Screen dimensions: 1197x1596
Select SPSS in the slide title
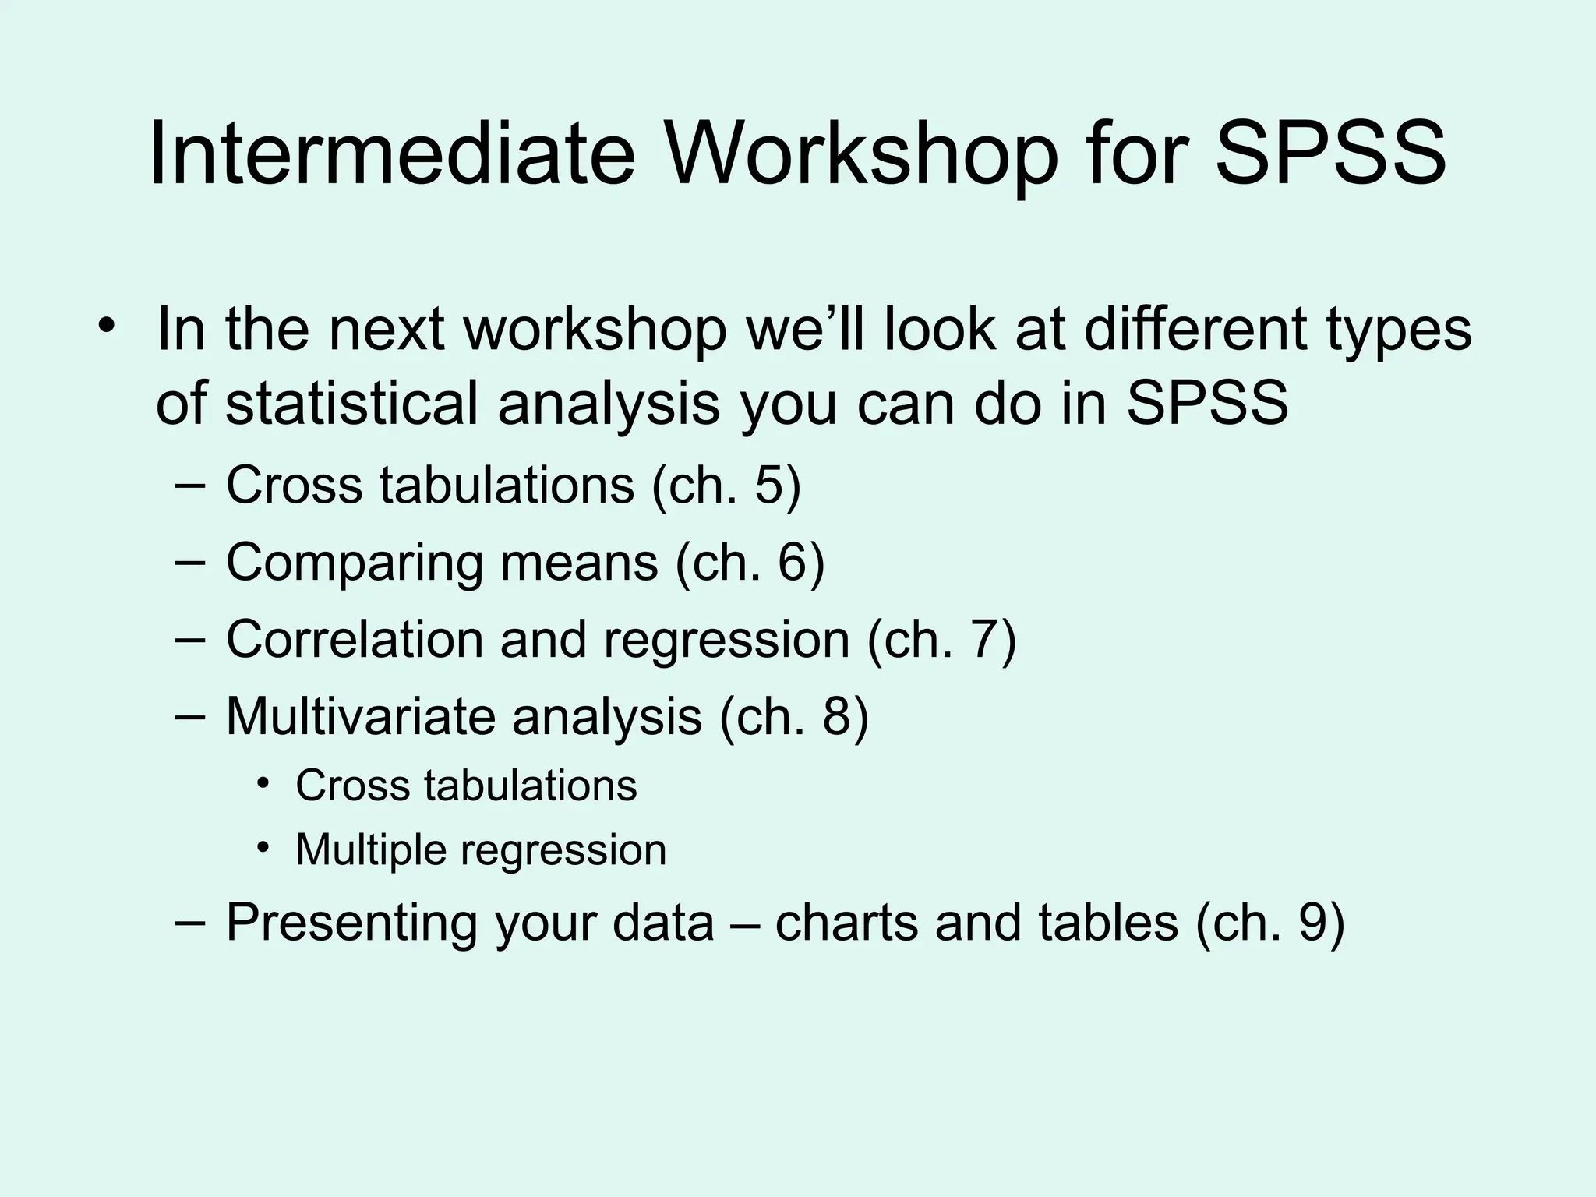click(x=1331, y=153)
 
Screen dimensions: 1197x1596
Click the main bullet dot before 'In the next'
click(x=107, y=326)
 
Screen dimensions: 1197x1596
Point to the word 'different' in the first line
click(x=1196, y=329)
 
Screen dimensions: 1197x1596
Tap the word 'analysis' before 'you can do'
click(x=609, y=404)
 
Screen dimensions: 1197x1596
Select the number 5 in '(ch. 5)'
click(x=768, y=485)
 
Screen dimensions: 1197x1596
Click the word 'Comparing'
click(x=354, y=562)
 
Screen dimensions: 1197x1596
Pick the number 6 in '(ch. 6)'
click(x=792, y=562)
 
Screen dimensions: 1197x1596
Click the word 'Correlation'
click(x=355, y=639)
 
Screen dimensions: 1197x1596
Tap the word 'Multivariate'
click(x=360, y=716)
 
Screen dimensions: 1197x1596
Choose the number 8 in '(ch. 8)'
click(x=836, y=716)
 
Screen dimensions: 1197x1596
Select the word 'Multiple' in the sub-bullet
click(x=370, y=849)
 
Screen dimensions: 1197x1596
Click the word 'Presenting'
click(x=351, y=923)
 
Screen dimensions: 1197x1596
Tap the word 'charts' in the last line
click(x=846, y=923)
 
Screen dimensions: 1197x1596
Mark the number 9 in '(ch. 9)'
click(x=1312, y=923)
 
